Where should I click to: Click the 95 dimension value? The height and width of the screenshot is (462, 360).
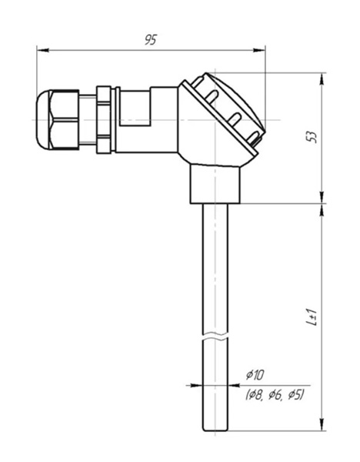coord(151,40)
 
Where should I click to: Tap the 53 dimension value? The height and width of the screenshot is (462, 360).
coord(313,137)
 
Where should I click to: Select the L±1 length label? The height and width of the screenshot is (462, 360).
coord(312,317)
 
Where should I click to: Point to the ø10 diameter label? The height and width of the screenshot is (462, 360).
coord(255,376)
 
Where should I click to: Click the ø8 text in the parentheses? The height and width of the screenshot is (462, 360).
coord(255,395)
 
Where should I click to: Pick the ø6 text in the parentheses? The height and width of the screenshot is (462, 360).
coord(276,395)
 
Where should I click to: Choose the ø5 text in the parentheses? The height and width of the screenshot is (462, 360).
coord(295,395)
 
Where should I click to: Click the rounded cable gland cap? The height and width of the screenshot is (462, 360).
coord(43,120)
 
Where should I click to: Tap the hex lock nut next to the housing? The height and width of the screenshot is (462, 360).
coord(104,119)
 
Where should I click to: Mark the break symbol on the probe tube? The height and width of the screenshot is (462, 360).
coord(215,337)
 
